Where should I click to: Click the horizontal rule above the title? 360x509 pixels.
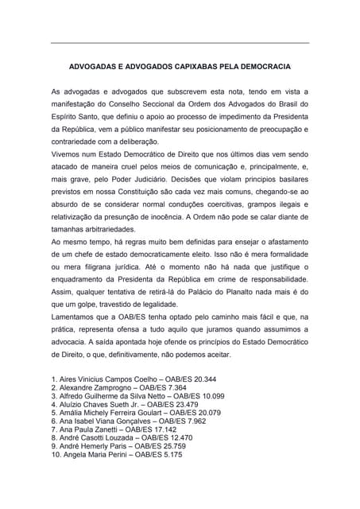click(x=180, y=42)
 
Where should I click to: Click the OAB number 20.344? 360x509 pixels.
click(x=199, y=380)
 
